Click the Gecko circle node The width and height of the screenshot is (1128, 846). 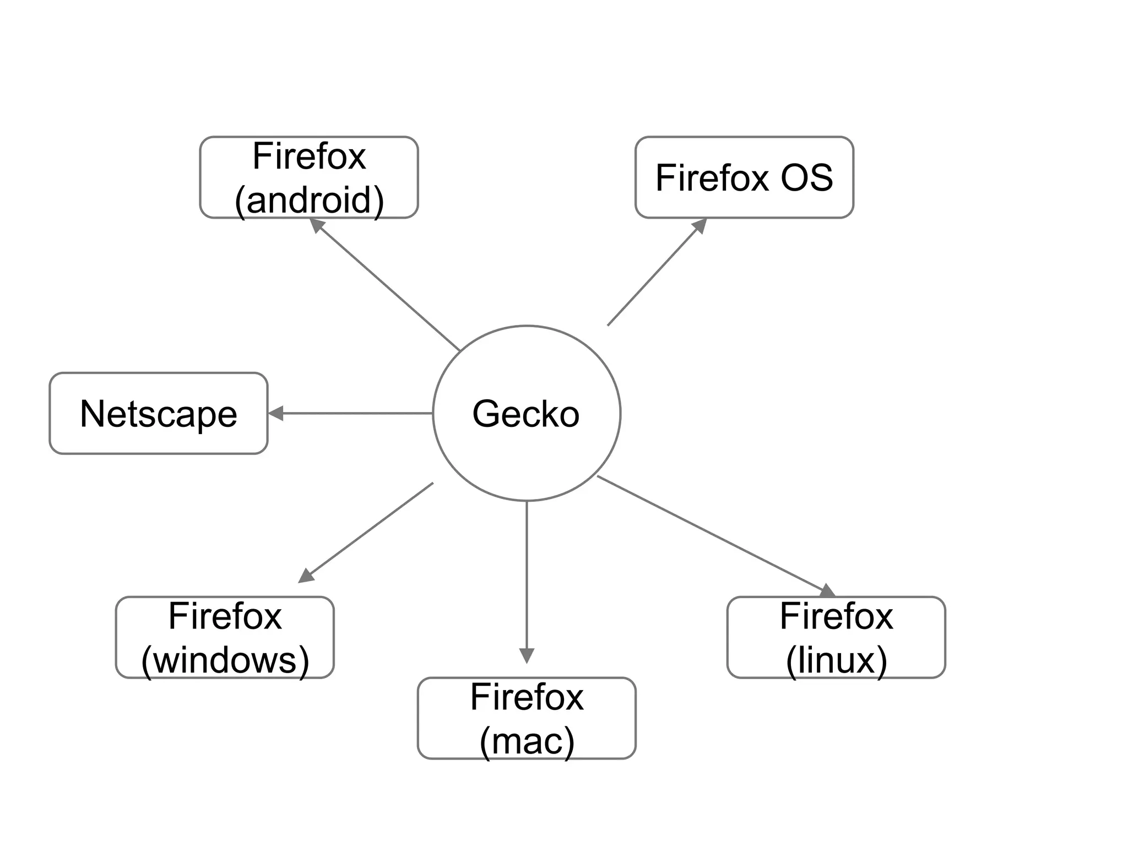click(x=527, y=413)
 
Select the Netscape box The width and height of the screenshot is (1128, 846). click(x=159, y=413)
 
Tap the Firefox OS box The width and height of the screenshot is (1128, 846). click(x=744, y=177)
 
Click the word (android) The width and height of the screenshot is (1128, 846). click(x=309, y=199)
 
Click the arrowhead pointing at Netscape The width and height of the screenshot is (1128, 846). click(x=276, y=413)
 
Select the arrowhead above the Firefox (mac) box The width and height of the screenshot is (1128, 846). click(x=527, y=655)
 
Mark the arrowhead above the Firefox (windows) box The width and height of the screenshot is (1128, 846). click(x=306, y=576)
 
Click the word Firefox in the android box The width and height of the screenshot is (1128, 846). click(x=309, y=156)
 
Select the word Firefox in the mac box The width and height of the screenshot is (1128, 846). click(x=527, y=697)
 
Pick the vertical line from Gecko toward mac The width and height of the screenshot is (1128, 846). click(x=527, y=573)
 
